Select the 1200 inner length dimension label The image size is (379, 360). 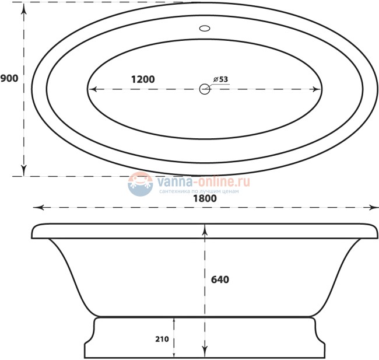(x=142, y=79)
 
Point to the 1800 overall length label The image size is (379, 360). (x=205, y=198)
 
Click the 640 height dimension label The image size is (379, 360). (x=219, y=279)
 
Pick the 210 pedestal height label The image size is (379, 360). (x=163, y=338)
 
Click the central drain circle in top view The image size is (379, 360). (x=205, y=89)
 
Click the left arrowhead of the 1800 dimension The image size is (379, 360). (x=36, y=207)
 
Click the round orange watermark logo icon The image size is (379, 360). (x=140, y=183)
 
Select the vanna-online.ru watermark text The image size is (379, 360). (x=204, y=181)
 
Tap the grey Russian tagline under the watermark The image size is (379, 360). (x=199, y=191)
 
